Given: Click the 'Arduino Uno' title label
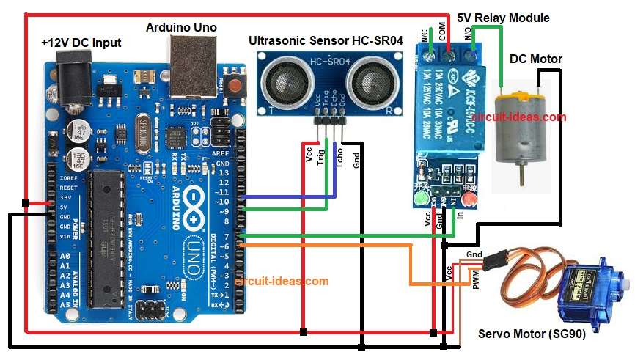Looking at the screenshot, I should click(x=181, y=27).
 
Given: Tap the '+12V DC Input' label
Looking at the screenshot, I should click(x=81, y=43).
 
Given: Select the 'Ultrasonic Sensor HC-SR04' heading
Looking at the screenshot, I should click(x=326, y=40).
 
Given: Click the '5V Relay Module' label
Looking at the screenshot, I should click(x=503, y=18).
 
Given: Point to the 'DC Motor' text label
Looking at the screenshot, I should click(x=535, y=59).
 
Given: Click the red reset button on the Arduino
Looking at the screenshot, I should click(x=236, y=85).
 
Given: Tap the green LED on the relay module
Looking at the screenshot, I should click(x=421, y=199).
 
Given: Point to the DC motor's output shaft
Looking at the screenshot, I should click(x=522, y=175).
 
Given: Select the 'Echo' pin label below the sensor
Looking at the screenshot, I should click(x=339, y=160).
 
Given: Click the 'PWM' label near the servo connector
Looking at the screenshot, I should click(x=476, y=279).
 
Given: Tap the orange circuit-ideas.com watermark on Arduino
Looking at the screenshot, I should click(x=282, y=281).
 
